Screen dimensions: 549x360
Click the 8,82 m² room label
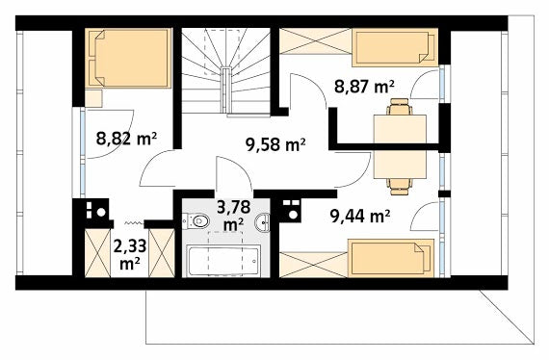click(x=126, y=139)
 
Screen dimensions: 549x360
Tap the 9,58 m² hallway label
click(x=275, y=144)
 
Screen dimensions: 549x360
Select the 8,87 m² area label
click(x=364, y=87)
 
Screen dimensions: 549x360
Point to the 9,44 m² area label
click(x=360, y=217)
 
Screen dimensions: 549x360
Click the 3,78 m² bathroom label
click(x=233, y=216)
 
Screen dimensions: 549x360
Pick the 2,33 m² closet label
click(x=130, y=255)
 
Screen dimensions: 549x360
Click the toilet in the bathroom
click(x=196, y=221)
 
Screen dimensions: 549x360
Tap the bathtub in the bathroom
click(x=223, y=261)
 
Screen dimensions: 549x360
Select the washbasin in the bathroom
click(x=262, y=222)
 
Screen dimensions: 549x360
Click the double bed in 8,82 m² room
click(x=128, y=58)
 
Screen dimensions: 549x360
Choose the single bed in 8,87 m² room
click(x=395, y=47)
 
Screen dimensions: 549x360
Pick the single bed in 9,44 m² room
click(x=391, y=258)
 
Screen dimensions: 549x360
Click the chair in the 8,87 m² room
click(x=399, y=107)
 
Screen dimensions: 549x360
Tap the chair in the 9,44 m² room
click(x=399, y=187)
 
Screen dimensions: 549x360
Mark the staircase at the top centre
click(x=225, y=70)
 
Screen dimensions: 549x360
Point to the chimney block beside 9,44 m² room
click(x=291, y=210)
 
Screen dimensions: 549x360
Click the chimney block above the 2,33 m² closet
click(x=96, y=210)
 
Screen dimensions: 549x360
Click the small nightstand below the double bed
click(x=93, y=98)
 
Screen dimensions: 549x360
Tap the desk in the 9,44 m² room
click(x=400, y=165)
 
